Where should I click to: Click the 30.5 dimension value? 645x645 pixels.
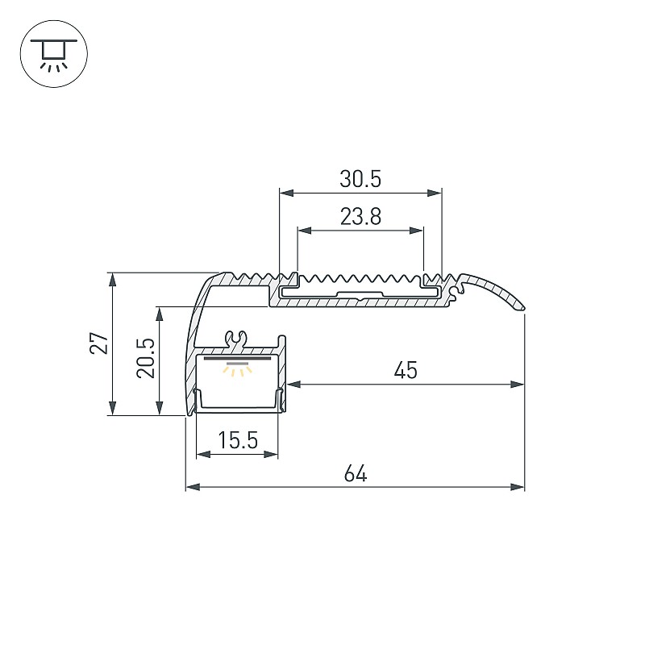point(360,179)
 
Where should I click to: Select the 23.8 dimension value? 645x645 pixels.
point(360,217)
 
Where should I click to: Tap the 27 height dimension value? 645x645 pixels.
point(99,343)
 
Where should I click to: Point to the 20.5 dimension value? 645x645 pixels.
point(146,358)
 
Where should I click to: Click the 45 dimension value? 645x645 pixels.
point(406,370)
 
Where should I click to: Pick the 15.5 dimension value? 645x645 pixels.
point(238,440)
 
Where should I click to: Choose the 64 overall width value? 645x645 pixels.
point(356,473)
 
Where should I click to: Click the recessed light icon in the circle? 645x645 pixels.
point(53,54)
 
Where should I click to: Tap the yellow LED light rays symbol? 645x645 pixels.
point(237,369)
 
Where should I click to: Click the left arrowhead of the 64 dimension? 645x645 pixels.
point(193,487)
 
